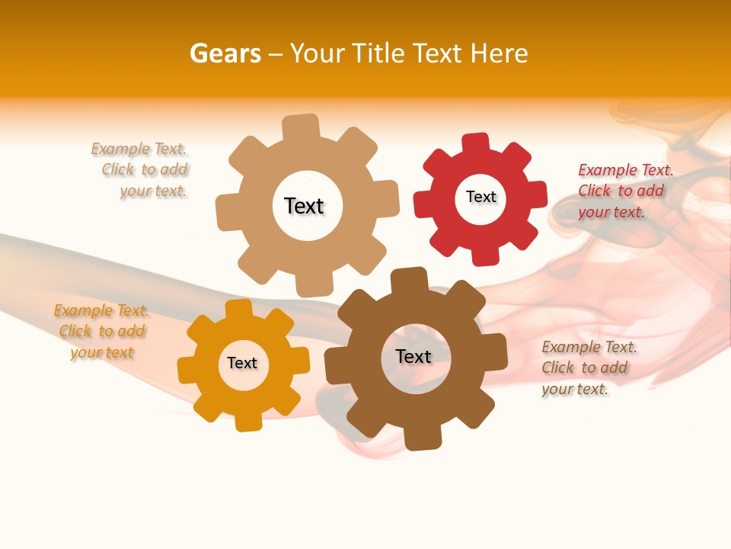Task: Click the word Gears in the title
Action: [x=225, y=53]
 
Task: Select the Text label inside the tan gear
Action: [x=304, y=206]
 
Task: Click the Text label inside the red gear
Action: [x=480, y=197]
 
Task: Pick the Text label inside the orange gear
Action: [x=242, y=363]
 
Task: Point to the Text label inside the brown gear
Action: [x=413, y=356]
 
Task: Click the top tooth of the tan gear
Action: [x=301, y=127]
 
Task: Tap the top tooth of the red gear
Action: [x=476, y=143]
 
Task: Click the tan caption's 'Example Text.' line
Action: [x=139, y=149]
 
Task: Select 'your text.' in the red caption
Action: [x=611, y=212]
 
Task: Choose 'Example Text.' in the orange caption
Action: [x=101, y=310]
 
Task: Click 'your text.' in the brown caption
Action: [x=575, y=389]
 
